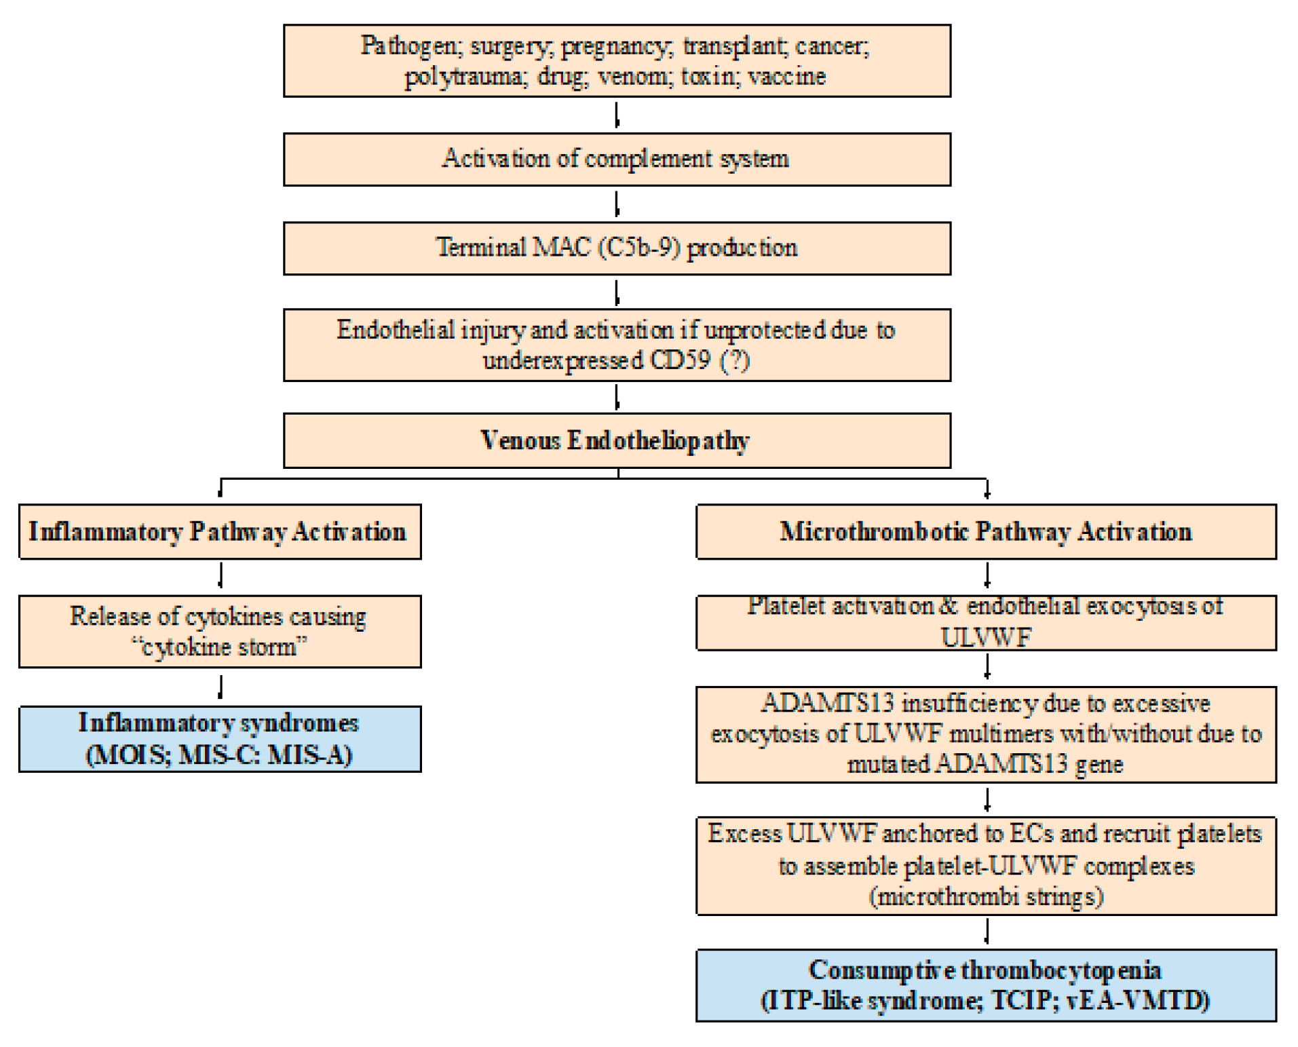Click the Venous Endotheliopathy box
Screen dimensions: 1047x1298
click(x=616, y=440)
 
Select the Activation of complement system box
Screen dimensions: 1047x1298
click(x=616, y=159)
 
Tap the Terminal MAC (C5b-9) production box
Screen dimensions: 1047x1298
click(x=616, y=248)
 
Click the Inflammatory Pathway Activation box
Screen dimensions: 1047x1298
click(x=219, y=531)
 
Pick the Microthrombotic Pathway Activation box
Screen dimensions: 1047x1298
click(x=985, y=531)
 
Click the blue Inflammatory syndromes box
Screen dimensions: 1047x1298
click(x=219, y=738)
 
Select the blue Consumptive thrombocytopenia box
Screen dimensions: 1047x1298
click(x=985, y=985)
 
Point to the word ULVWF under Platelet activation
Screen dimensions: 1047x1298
click(x=985, y=638)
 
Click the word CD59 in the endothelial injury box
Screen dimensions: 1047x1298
click(x=680, y=360)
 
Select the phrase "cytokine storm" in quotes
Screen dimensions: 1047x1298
click(x=219, y=647)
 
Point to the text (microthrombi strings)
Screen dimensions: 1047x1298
click(x=986, y=896)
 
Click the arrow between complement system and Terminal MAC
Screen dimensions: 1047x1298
click(x=617, y=204)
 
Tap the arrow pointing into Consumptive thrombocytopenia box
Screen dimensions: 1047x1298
click(x=987, y=932)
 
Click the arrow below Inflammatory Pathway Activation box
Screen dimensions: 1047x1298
click(x=221, y=576)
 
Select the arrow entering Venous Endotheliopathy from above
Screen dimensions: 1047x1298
click(x=617, y=397)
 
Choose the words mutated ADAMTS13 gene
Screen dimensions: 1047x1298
click(x=985, y=765)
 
